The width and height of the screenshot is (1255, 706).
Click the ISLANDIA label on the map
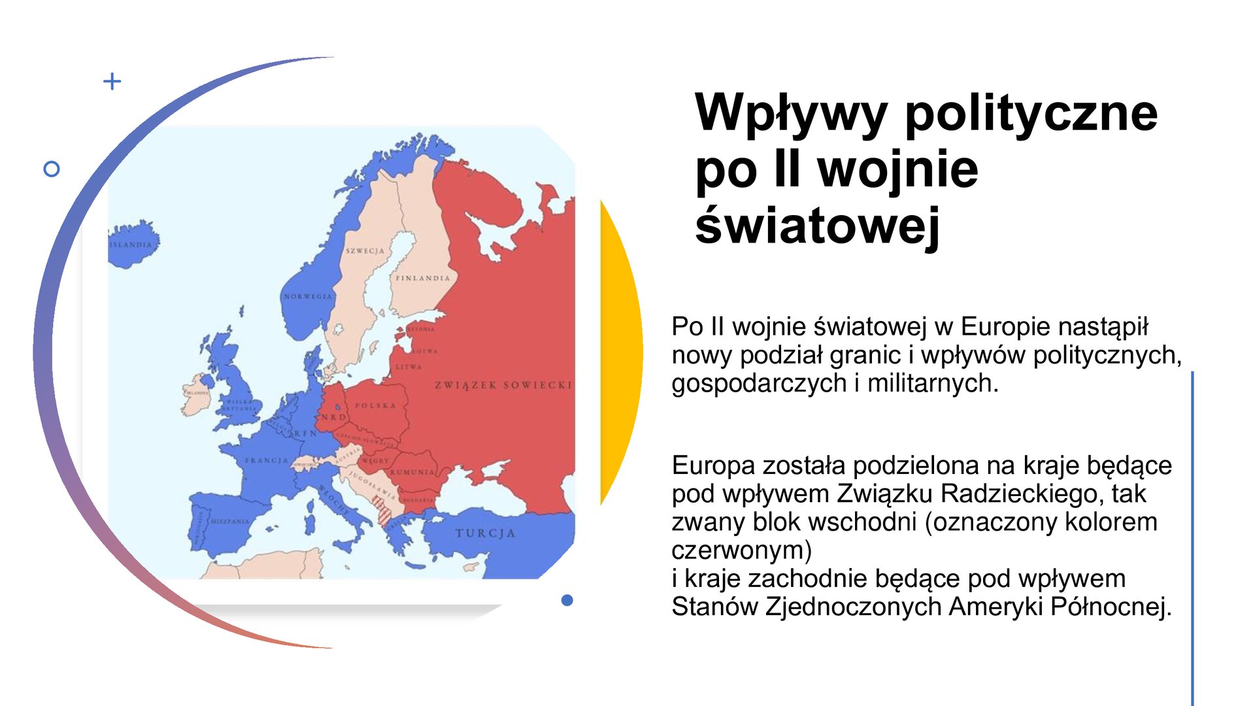pos(131,245)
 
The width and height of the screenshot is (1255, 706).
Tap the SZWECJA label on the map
pos(365,251)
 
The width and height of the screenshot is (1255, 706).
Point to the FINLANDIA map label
pos(423,278)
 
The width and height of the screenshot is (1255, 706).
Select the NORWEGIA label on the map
pos(308,297)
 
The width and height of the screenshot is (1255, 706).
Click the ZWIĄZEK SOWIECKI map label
pos(503,385)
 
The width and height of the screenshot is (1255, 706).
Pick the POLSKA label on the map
pos(375,406)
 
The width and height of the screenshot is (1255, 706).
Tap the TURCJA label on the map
pos(485,533)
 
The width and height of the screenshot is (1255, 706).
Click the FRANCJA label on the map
pos(266,461)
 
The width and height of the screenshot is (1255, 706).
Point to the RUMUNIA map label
pos(412,472)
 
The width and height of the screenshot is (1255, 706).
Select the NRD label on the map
pos(333,417)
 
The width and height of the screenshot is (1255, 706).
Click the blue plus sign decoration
pos(112,81)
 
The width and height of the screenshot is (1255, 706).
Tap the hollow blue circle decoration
pos(52,169)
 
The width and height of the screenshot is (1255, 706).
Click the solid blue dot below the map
pos(567,600)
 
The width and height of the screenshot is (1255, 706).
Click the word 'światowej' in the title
pos(817,226)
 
